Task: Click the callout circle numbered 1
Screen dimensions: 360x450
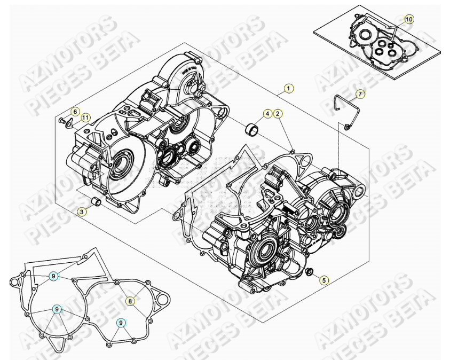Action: coord(288,88)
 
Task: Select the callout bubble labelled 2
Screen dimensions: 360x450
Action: coord(278,113)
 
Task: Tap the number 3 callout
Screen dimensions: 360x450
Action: coord(82,213)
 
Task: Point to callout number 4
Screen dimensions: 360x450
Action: coord(267,113)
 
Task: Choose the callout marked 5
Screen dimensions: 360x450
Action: coord(324,279)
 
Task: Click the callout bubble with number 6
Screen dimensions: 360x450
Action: coord(75,112)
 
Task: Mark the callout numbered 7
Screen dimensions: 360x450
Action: coord(360,94)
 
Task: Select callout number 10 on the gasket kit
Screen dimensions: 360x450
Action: coord(409,20)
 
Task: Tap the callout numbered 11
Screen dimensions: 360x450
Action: coord(86,117)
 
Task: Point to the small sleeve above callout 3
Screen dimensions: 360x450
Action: coord(97,202)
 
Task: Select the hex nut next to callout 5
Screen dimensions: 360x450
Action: coord(309,275)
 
